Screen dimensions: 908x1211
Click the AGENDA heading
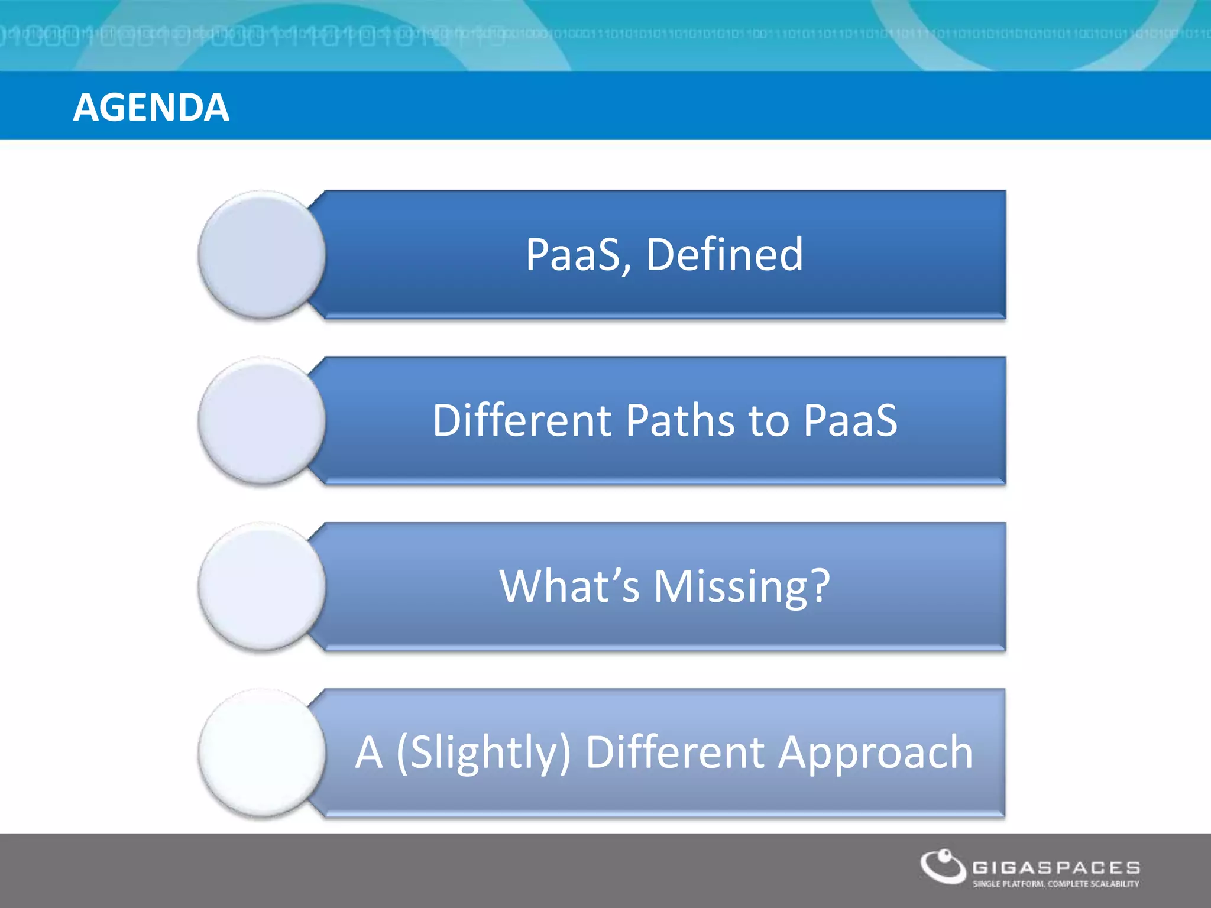point(151,108)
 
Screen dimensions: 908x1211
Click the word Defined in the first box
point(724,255)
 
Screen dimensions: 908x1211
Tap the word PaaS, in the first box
point(578,255)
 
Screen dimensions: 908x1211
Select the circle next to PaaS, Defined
point(262,255)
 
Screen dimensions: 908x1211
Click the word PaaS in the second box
point(850,420)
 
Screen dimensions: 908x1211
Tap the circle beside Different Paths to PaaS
point(262,421)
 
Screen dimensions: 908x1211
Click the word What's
point(569,586)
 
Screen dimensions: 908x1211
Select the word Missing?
point(742,586)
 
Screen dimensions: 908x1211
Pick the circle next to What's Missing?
point(262,587)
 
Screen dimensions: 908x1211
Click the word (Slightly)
point(484,753)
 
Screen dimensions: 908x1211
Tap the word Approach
point(875,753)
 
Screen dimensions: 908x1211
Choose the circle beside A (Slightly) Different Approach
point(262,753)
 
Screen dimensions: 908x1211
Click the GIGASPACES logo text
point(1056,868)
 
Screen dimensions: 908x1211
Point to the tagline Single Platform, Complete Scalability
point(1055,884)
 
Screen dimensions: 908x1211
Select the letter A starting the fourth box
point(369,753)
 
